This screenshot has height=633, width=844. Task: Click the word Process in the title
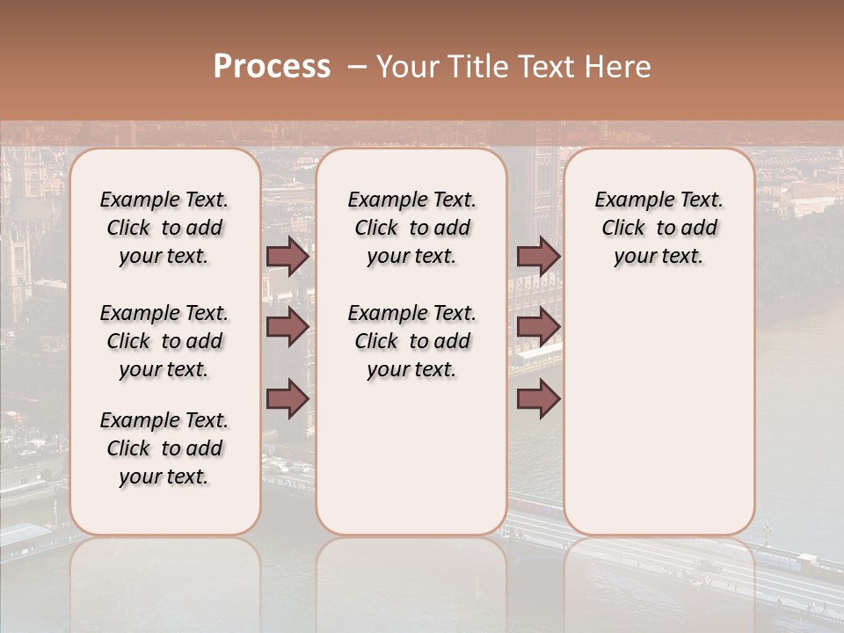(x=272, y=67)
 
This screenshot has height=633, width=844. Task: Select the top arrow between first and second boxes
(x=287, y=256)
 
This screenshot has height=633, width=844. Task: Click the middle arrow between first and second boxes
(x=287, y=327)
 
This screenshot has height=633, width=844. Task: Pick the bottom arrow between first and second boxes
(x=287, y=399)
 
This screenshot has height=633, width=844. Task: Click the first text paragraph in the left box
(x=164, y=228)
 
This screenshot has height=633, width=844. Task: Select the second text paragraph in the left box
(x=164, y=341)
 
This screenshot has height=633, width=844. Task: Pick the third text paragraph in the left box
(x=164, y=448)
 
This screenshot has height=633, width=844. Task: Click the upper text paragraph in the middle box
(x=411, y=228)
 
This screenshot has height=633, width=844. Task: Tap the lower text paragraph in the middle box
(x=411, y=341)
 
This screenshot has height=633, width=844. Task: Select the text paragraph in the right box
(x=658, y=228)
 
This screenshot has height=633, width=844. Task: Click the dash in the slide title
(x=357, y=67)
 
